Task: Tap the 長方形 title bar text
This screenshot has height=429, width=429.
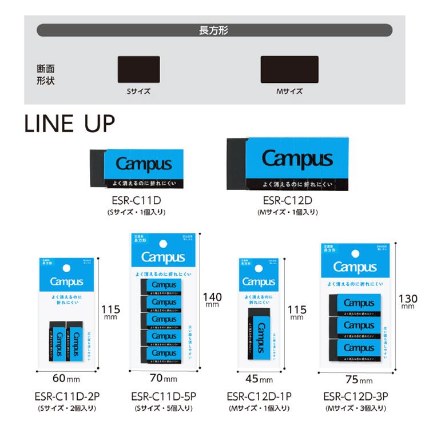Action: [x=214, y=30]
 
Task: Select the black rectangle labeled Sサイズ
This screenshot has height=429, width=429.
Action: [x=138, y=70]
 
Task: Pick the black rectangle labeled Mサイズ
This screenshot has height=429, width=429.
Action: [x=289, y=70]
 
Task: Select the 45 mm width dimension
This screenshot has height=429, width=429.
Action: [x=259, y=379]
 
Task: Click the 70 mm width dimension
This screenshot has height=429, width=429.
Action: [x=163, y=379]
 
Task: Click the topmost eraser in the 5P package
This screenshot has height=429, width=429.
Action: [x=162, y=285]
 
